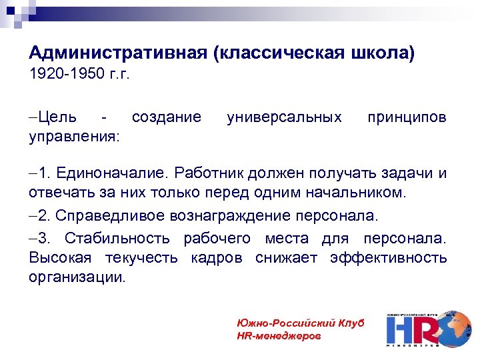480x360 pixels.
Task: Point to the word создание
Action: pyautogui.click(x=166, y=118)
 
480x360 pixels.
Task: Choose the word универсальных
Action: pyautogui.click(x=284, y=118)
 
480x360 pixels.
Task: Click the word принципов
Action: pyautogui.click(x=407, y=118)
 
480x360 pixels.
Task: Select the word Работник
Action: pyautogui.click(x=209, y=174)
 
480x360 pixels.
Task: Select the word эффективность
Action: pyautogui.click(x=388, y=258)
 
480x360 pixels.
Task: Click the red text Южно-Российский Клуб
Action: pyautogui.click(x=300, y=323)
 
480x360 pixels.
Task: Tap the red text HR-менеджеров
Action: pyautogui.click(x=279, y=335)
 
